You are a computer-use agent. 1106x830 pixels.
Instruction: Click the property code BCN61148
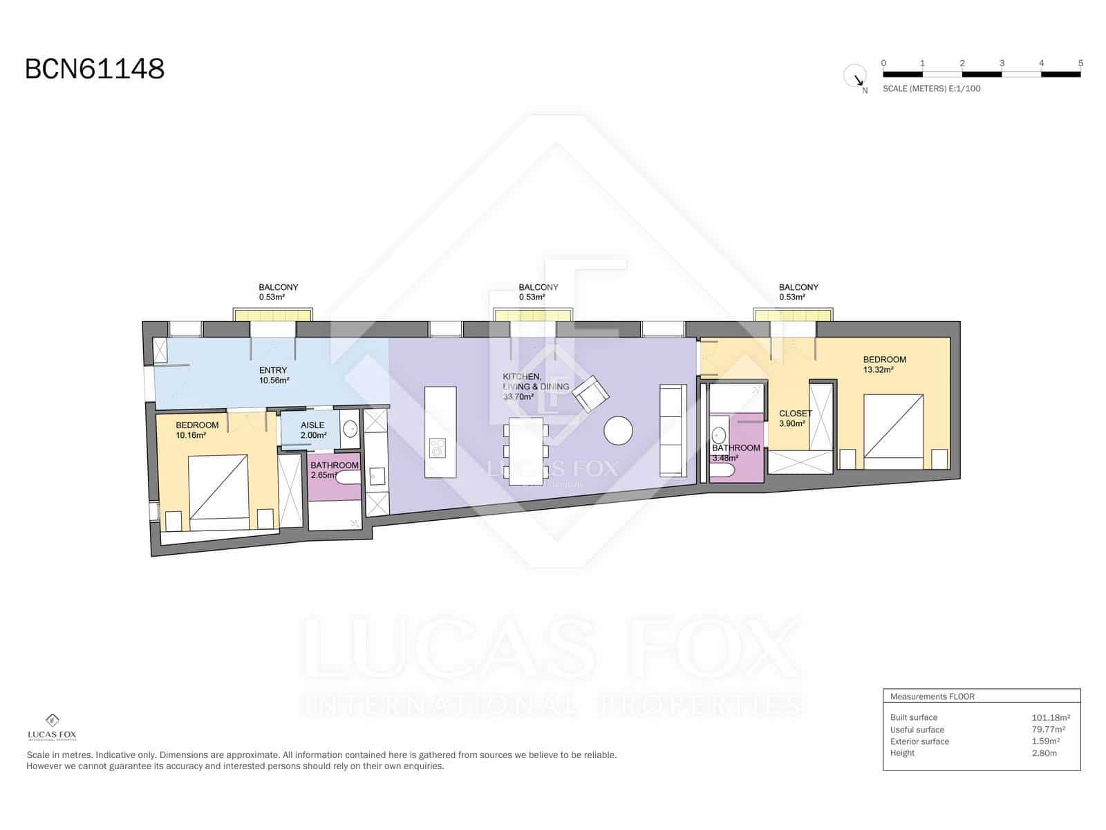click(95, 69)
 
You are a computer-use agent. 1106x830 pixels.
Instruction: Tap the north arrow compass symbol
click(855, 76)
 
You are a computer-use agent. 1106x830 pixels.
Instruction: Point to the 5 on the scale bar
click(1080, 63)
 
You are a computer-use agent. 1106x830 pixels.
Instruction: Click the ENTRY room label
click(273, 371)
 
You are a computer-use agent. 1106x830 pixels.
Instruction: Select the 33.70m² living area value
click(518, 397)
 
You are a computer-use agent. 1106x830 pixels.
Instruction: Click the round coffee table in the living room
click(618, 431)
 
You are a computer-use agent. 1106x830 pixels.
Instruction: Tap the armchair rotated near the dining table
click(591, 394)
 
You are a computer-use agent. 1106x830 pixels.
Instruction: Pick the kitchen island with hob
click(440, 432)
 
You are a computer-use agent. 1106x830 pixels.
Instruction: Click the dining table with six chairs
click(526, 451)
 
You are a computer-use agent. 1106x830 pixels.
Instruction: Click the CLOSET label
click(796, 414)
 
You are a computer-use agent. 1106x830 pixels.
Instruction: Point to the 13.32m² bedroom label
click(879, 369)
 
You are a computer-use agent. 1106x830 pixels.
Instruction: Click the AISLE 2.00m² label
click(313, 430)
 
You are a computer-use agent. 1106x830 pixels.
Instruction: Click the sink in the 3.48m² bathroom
click(719, 436)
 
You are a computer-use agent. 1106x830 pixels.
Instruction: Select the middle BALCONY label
click(538, 287)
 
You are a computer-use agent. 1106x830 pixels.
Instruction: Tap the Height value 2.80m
click(1044, 753)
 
